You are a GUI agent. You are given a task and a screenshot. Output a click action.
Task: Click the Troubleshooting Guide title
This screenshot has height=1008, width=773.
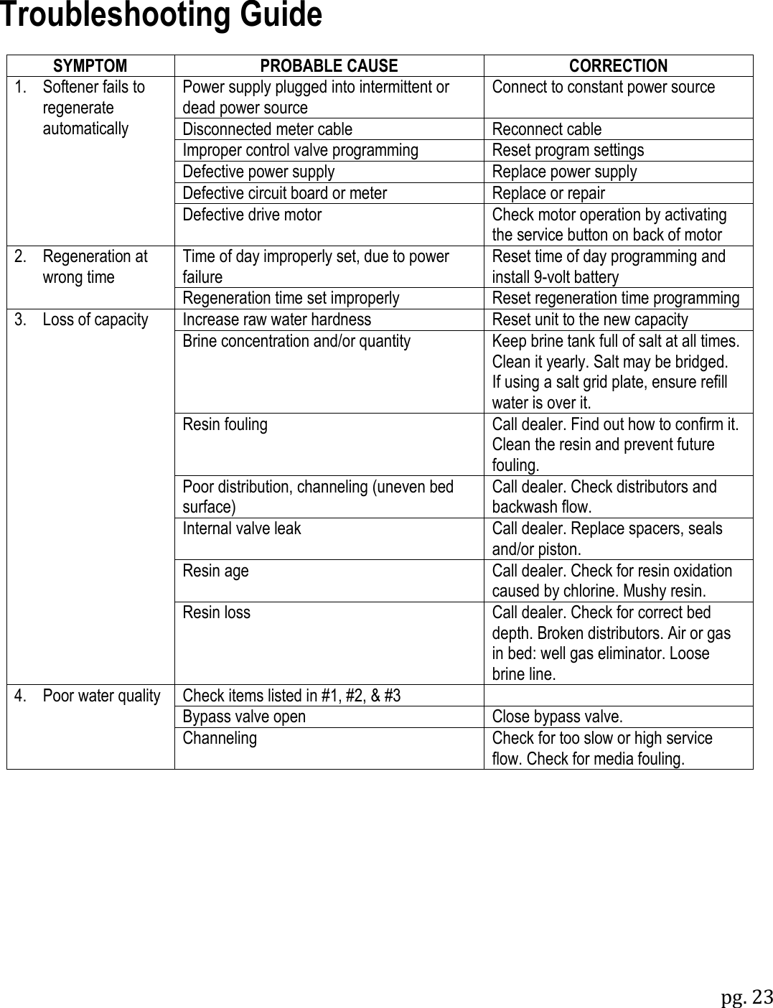161,16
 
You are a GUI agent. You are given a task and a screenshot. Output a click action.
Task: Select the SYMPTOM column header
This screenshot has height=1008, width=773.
90,66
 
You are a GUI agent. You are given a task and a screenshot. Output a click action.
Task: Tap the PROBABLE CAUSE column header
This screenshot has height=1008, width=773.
329,66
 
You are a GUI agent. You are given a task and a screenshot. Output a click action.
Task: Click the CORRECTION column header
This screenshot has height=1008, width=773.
618,66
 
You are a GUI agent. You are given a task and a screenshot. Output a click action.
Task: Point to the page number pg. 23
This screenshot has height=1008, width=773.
746,997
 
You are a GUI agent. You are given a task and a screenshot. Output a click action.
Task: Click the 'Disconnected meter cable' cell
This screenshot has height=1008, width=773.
268,129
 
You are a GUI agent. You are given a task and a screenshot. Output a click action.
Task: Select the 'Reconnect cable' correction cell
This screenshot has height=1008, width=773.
547,129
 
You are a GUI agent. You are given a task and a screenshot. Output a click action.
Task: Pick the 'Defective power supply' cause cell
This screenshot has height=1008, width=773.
258,172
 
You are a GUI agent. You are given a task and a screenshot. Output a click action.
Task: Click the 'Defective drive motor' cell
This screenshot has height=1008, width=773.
252,215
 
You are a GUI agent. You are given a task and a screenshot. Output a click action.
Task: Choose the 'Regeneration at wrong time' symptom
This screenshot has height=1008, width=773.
94,266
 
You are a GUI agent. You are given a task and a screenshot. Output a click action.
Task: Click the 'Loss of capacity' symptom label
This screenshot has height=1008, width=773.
95,319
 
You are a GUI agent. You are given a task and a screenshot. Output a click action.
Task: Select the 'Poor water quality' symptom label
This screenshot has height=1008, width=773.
100,696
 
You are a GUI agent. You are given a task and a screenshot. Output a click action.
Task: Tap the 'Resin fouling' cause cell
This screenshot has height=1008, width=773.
225,424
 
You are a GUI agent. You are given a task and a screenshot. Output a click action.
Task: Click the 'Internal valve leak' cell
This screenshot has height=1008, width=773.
242,528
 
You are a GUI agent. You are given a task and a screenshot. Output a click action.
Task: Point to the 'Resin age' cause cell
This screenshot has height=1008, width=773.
216,571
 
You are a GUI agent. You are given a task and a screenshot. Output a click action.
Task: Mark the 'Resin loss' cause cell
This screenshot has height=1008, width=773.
217,612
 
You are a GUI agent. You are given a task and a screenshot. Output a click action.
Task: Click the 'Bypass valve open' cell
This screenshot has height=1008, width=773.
244,717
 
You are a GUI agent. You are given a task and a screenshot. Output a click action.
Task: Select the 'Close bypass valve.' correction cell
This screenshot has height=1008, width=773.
558,717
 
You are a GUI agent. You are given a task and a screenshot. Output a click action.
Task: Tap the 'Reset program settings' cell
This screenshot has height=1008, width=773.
568,150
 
